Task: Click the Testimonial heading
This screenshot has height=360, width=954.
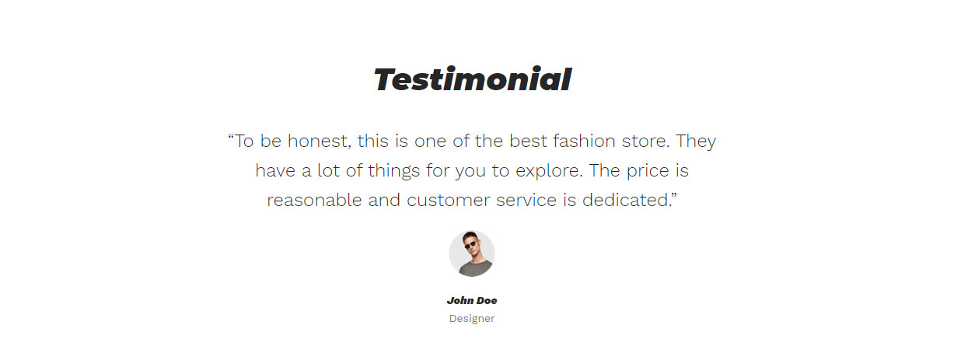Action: pos(472,79)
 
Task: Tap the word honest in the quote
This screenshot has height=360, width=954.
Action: pos(320,141)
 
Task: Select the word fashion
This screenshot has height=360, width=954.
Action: pos(584,141)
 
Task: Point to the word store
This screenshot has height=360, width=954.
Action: pos(645,142)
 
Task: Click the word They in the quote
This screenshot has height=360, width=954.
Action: pos(696,142)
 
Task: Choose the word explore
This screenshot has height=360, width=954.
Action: pos(549,171)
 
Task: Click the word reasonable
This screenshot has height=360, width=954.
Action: pos(314,201)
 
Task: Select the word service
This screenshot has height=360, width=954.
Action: pos(526,201)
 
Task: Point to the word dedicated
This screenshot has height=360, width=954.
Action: pos(627,201)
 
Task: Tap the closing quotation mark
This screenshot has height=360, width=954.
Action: pos(674,195)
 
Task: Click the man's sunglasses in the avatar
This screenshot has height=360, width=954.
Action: pos(470,245)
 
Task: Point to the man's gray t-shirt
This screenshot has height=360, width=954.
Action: pos(472,269)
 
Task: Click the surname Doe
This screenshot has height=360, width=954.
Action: pos(487,301)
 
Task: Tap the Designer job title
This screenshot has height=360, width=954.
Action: pos(472,319)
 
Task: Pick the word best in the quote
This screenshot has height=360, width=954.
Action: pos(528,141)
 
